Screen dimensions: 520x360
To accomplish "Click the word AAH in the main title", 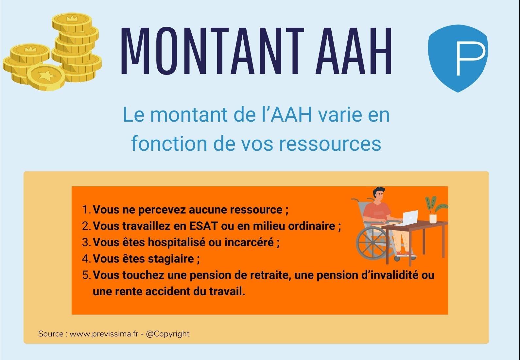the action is tap(354, 51).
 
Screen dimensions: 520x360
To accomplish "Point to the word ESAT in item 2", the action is tap(204, 226).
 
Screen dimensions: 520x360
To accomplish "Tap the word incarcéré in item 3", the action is tap(249, 242).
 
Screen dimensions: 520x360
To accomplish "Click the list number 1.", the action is tap(86, 210).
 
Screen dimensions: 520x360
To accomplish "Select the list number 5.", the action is tap(86, 275).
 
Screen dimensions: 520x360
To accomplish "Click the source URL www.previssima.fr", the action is tap(104, 334).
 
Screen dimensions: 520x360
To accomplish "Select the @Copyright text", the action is tap(168, 334).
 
